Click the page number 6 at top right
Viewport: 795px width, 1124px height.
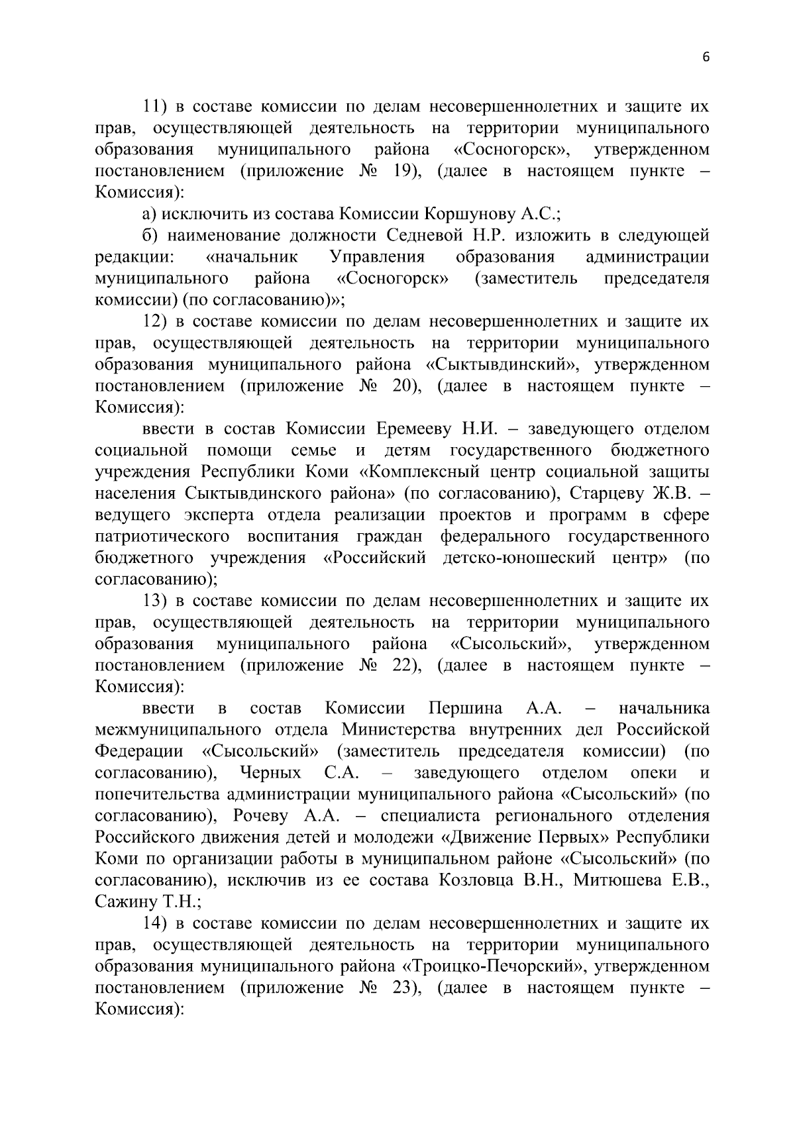tap(706, 58)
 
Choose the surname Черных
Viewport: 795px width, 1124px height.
tap(270, 773)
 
